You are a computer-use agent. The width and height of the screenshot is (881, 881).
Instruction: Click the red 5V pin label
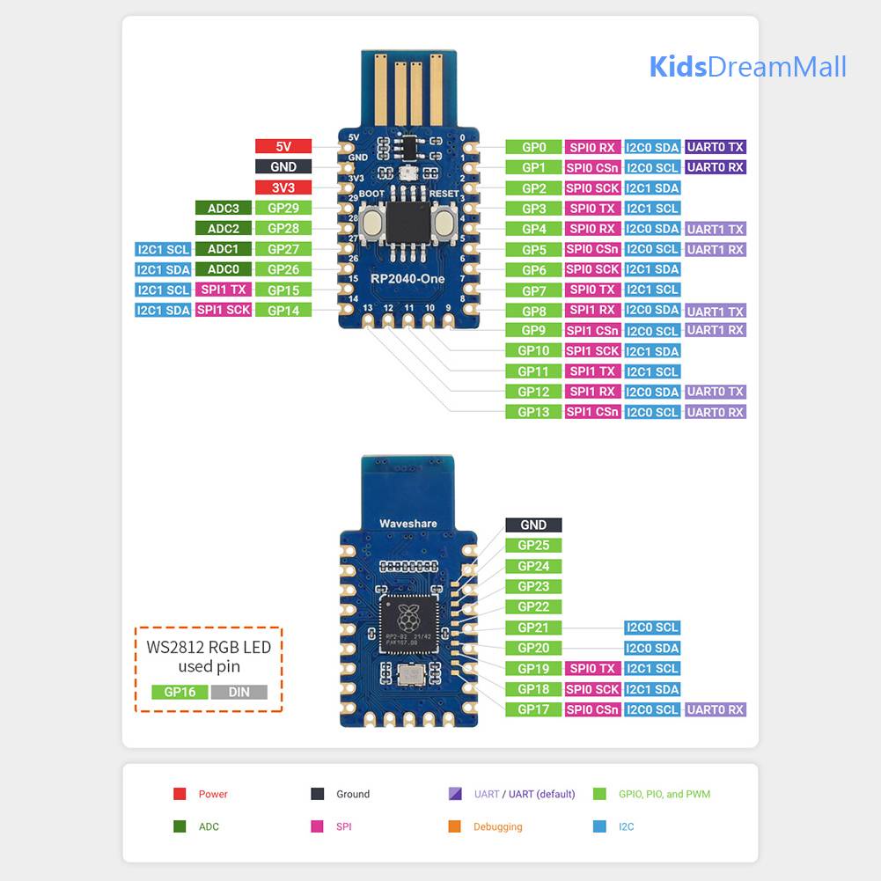coord(283,147)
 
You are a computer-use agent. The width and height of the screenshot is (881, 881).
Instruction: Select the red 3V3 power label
coord(283,187)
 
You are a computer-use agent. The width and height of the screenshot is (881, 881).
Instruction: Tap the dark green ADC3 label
coord(223,209)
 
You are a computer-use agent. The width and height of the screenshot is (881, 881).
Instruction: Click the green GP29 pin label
coord(283,209)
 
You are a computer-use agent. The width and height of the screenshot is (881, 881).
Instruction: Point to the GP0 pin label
coord(533,148)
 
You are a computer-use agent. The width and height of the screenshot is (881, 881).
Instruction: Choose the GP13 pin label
coord(533,412)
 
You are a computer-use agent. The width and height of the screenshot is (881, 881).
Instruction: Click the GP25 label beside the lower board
coord(533,546)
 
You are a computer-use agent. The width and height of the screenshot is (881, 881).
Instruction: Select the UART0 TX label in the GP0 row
coord(716,147)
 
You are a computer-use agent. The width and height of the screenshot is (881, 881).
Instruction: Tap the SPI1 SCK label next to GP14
coord(223,310)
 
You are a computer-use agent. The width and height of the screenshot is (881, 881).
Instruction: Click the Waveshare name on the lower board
coord(407,524)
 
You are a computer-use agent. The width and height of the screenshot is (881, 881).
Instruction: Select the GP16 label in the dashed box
coord(180,692)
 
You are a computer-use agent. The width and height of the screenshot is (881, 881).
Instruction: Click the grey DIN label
coord(239,692)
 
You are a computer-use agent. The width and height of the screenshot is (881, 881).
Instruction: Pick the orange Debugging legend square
coord(454,826)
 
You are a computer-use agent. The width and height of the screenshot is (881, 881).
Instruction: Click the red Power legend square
coord(180,794)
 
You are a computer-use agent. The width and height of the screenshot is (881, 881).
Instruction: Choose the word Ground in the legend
coord(353,794)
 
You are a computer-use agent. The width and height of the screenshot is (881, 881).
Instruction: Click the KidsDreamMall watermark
coord(747,67)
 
